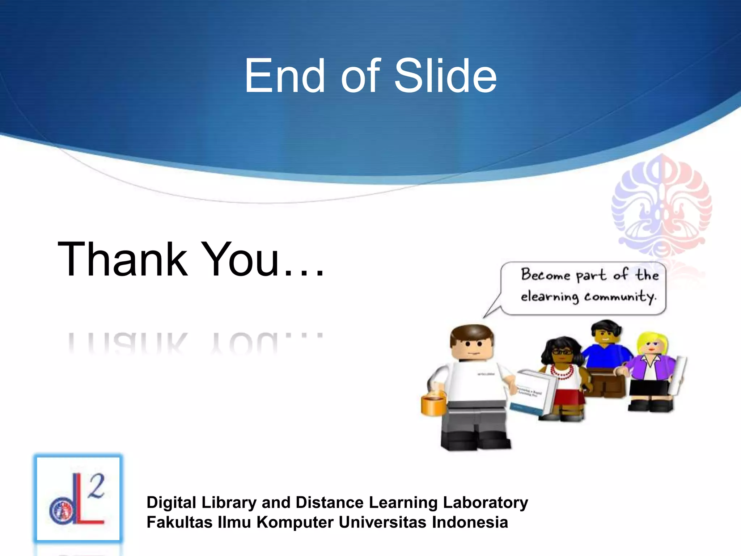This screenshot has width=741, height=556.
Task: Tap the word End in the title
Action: click(x=284, y=76)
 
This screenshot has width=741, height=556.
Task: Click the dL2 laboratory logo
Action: click(x=78, y=499)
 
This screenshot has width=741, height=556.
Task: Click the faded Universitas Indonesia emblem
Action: click(x=661, y=208)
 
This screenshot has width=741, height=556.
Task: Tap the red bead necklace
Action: click(x=562, y=371)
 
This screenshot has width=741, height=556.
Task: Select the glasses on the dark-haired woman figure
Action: click(x=562, y=351)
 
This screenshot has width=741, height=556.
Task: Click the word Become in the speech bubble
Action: click(x=545, y=275)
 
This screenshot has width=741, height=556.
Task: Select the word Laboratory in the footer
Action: click(x=485, y=503)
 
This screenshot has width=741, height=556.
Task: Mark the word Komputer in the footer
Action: click(x=295, y=522)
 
